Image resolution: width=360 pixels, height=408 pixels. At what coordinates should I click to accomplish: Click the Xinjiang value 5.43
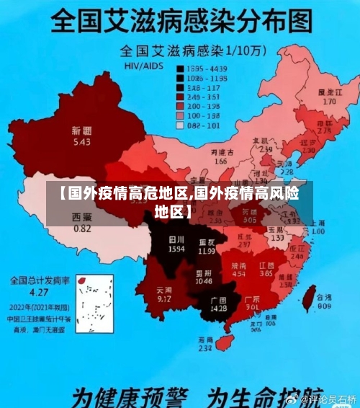(81, 142)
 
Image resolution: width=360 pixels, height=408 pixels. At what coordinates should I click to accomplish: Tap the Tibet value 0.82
(82, 229)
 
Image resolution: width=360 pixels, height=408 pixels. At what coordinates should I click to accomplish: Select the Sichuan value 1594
(176, 248)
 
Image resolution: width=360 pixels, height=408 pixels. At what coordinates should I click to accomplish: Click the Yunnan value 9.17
(163, 298)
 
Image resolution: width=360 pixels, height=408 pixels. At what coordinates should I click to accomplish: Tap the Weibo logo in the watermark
(292, 398)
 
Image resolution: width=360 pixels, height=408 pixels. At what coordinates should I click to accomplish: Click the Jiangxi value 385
(266, 274)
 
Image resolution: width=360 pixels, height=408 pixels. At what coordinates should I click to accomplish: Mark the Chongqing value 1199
(207, 252)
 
